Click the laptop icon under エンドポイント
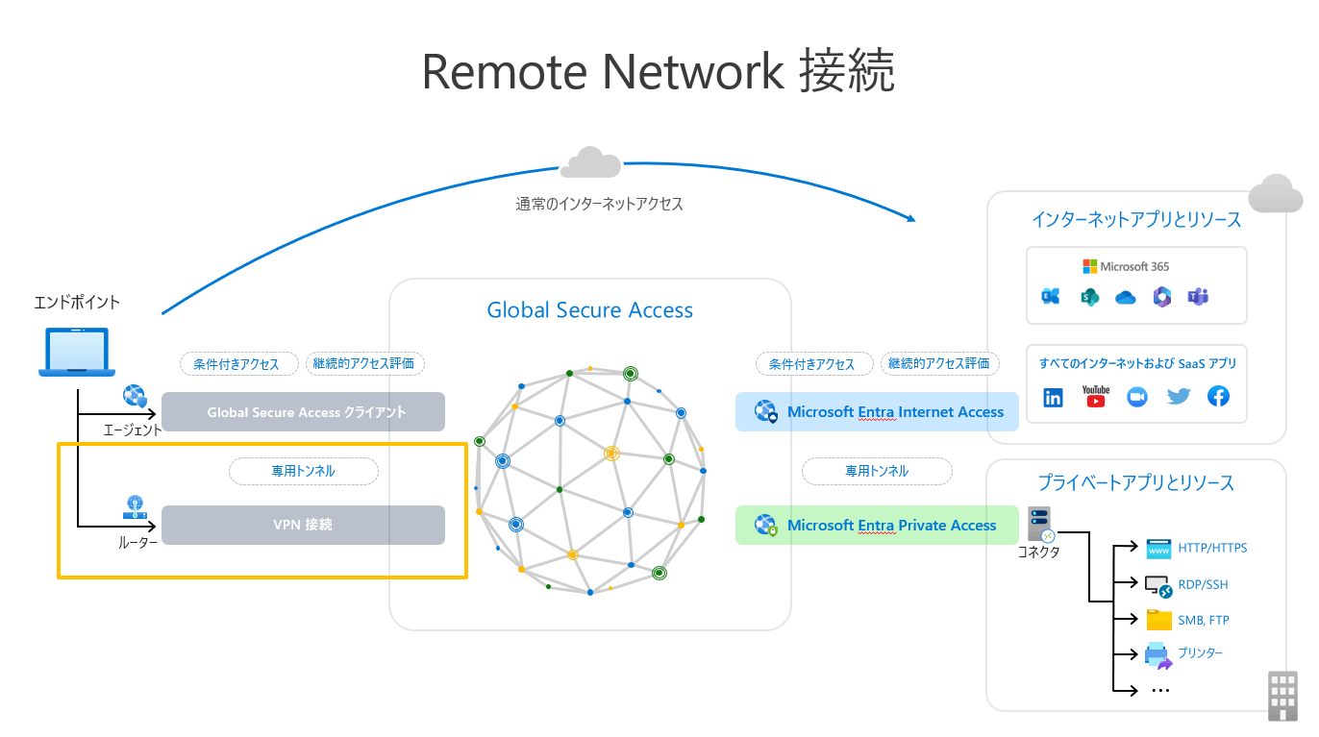(76, 352)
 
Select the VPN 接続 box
(303, 526)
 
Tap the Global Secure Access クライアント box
(303, 412)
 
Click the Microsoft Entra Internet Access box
(877, 412)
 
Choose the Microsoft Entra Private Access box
(877, 526)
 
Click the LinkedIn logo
(1054, 397)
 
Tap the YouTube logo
(1095, 396)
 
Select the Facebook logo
(1218, 396)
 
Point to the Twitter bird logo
(1178, 396)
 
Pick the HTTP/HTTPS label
(1212, 548)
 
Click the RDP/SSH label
(1203, 584)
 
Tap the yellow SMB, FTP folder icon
(1158, 620)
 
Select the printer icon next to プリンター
(1157, 655)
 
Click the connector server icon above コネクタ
(1040, 525)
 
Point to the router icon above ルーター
(135, 508)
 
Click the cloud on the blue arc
(590, 163)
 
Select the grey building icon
(1282, 696)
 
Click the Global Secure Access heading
(589, 310)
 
